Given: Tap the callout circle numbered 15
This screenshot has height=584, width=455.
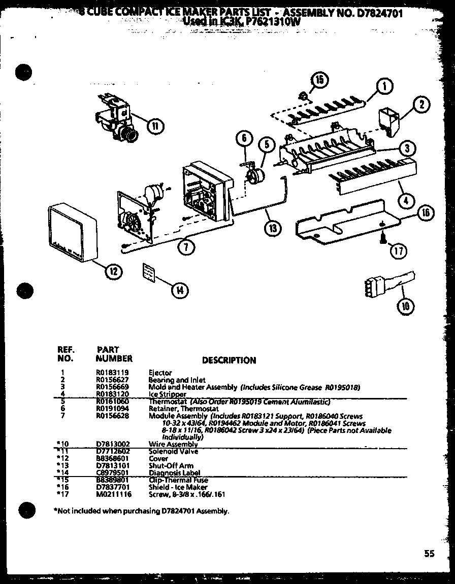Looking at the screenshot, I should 319,80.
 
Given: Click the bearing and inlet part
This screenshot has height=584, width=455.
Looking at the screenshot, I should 389,122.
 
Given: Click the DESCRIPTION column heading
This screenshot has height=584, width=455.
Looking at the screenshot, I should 229,360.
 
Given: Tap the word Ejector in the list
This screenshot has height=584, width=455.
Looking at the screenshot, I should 160,372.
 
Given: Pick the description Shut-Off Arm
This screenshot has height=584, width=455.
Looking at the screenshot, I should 164,465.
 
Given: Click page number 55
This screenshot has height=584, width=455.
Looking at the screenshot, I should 430,554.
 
